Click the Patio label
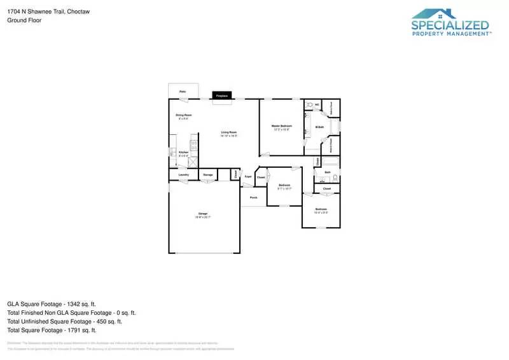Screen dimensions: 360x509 click(183, 92)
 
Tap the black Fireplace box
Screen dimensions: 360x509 click(222, 95)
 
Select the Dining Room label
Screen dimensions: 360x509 click(184, 115)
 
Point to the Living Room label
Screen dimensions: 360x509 click(229, 132)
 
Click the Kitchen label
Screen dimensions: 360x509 click(183, 153)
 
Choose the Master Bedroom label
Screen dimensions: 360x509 click(281, 126)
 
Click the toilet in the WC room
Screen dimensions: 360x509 click(309, 104)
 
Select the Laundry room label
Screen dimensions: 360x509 click(183, 174)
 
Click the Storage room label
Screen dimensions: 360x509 click(208, 174)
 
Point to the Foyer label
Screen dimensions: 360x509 click(248, 177)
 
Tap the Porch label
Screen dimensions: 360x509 click(253, 198)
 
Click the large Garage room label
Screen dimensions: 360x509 click(202, 214)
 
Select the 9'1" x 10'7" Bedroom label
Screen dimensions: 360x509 click(284, 185)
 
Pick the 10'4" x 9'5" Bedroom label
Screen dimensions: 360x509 click(321, 209)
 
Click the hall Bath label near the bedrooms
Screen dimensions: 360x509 click(328, 172)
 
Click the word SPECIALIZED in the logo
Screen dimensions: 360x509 click(450, 25)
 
